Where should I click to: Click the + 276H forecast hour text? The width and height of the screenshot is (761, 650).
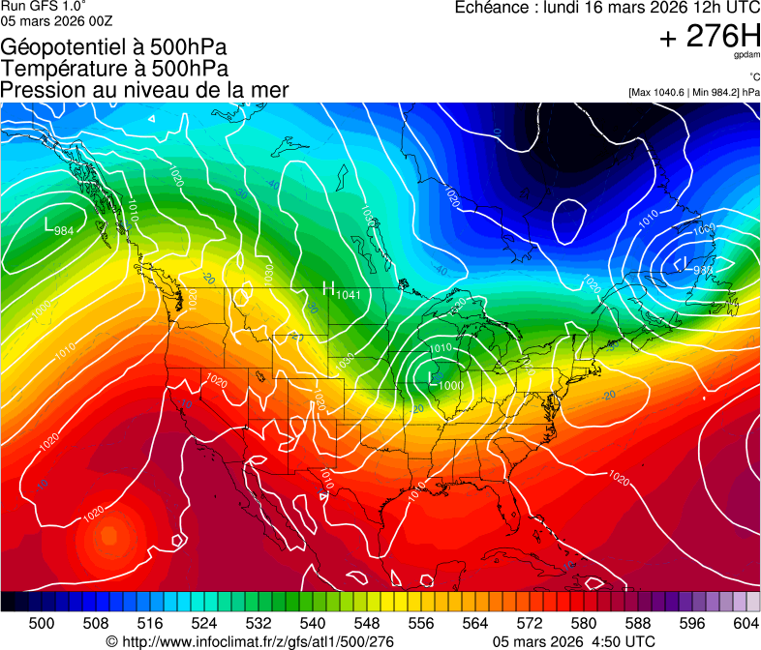(x=709, y=37)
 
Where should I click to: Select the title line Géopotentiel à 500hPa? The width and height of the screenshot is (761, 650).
(x=114, y=47)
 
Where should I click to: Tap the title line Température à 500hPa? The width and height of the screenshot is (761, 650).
(x=114, y=69)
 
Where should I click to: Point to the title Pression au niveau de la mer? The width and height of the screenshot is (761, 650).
(x=144, y=90)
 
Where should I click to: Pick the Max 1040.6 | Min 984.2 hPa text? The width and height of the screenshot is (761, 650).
(x=693, y=92)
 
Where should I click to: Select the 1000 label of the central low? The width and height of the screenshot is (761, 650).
(x=448, y=385)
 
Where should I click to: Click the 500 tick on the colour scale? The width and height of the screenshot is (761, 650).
(x=42, y=623)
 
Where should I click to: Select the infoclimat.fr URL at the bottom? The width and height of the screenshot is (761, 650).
(x=250, y=641)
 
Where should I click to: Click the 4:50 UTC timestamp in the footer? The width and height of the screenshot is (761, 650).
(x=622, y=641)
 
